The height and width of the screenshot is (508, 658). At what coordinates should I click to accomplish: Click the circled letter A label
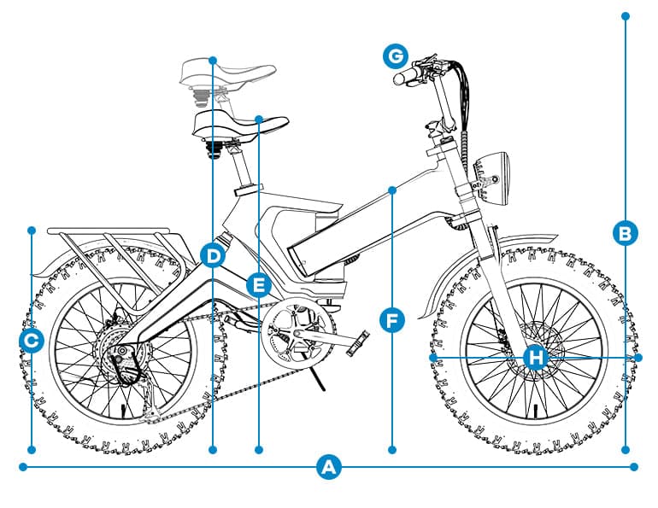point(328,467)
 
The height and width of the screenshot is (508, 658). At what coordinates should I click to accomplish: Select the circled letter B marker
point(626,232)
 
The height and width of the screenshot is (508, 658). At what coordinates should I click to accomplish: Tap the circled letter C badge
point(32,342)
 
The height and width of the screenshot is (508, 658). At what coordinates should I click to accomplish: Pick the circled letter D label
point(213,254)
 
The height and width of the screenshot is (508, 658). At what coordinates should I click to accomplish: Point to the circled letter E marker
point(257,283)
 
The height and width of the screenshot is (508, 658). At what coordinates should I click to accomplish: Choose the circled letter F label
point(391,320)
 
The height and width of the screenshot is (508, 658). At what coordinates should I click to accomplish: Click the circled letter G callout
point(394,56)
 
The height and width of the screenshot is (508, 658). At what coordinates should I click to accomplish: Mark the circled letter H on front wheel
point(535,357)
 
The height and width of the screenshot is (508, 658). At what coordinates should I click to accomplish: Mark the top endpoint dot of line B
point(626,15)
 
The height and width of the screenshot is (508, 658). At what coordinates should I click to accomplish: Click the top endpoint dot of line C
point(32,230)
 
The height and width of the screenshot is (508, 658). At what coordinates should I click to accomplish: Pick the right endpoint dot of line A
point(634,467)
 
